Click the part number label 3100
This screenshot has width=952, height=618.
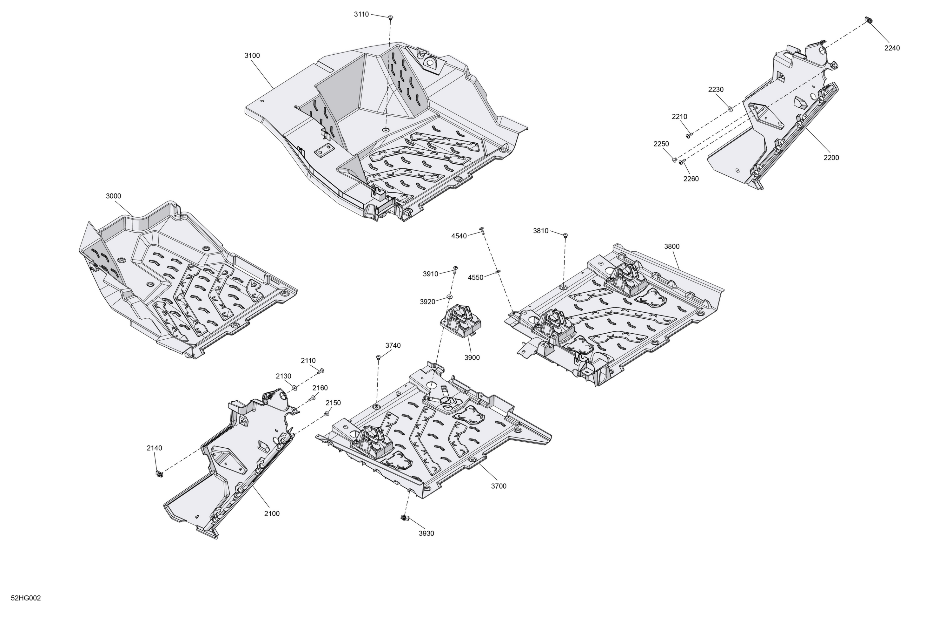(252, 56)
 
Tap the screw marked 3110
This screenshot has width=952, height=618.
(390, 17)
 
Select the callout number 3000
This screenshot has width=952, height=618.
(113, 196)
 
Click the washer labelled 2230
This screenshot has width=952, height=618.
(730, 109)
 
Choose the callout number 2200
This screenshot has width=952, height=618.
(831, 158)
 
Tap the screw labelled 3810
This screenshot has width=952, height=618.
(565, 235)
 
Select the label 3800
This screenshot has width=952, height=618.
(671, 247)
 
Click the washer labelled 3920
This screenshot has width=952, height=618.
(449, 297)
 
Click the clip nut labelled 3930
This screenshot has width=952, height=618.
(404, 518)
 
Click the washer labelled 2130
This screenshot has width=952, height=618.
(295, 388)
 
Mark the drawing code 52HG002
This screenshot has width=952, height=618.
(26, 598)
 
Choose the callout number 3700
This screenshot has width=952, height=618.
(499, 486)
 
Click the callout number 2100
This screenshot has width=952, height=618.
(272, 514)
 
